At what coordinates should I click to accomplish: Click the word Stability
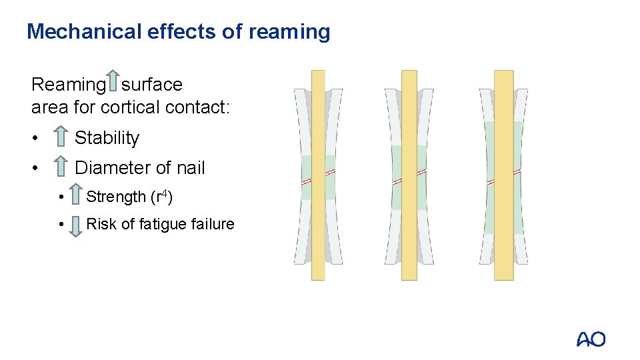pos(107,138)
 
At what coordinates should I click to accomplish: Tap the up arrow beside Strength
pos(76,196)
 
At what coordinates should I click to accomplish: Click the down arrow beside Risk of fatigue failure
pos(76,225)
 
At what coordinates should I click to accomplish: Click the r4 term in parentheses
pos(163,196)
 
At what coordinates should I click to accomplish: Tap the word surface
pos(152,85)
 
